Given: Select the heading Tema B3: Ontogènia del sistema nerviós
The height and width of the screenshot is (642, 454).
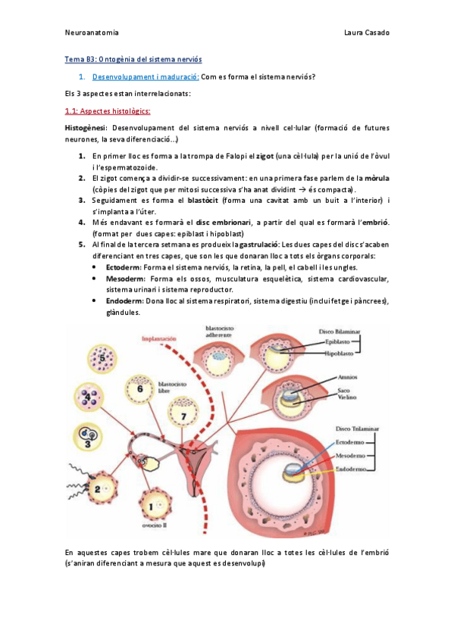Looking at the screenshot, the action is pos(133,58).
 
